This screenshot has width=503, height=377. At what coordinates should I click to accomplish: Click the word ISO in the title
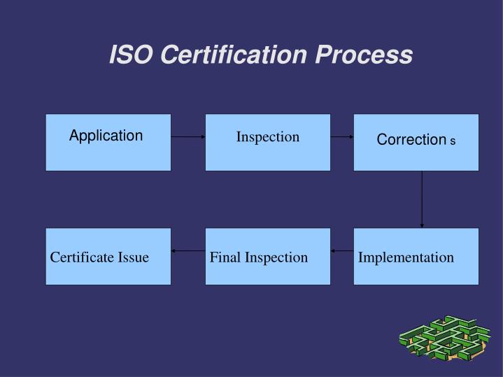pos(132,55)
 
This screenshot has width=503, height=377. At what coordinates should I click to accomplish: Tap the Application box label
pos(106,136)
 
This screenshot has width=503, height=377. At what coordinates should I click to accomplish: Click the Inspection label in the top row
pos(267,136)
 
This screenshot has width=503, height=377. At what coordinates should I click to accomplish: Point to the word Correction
pos(411,140)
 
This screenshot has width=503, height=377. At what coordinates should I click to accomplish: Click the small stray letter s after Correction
pos(453,142)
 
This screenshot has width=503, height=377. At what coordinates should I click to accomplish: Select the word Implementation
pos(406,257)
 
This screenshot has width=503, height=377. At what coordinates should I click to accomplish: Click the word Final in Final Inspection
pos(225,257)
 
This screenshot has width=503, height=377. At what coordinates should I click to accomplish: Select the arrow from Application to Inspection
pos(188,137)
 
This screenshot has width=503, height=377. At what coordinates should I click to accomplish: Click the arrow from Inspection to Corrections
pos(342,137)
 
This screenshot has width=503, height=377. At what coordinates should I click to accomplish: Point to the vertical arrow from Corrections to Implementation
pos(422,199)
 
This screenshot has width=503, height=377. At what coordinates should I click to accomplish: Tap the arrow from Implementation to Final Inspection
pos(342,250)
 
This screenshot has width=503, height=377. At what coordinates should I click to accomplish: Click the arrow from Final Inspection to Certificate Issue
pos(188,250)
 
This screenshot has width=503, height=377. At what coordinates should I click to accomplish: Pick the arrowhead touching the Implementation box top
pos(422,225)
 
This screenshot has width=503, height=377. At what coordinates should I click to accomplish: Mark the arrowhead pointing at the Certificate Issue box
pos(174,250)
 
